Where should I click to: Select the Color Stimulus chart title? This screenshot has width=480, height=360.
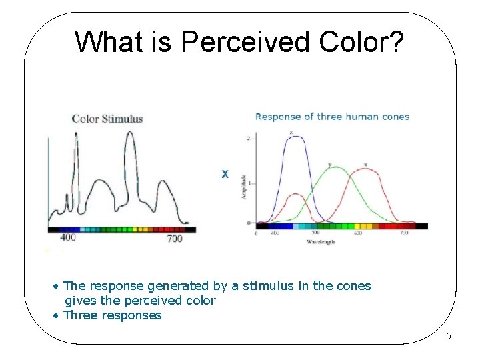(x=107, y=119)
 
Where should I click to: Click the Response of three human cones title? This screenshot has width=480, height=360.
(x=332, y=117)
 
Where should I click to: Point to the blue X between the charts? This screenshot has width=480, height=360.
(x=225, y=174)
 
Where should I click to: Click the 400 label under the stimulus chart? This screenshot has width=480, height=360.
(x=67, y=238)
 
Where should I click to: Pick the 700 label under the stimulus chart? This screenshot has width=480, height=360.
(x=174, y=238)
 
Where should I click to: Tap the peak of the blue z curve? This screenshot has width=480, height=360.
(x=293, y=137)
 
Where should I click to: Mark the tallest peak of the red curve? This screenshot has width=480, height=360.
(x=366, y=169)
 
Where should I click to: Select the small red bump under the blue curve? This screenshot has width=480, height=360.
(x=294, y=195)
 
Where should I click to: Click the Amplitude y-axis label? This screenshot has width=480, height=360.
(x=244, y=186)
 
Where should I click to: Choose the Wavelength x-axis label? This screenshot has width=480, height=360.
(x=321, y=242)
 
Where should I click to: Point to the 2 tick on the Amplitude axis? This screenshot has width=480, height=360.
(x=249, y=138)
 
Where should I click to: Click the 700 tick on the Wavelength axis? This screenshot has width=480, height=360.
(x=403, y=233)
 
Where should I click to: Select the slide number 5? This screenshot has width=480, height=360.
(x=448, y=336)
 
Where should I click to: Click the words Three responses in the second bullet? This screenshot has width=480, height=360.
(x=112, y=315)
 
